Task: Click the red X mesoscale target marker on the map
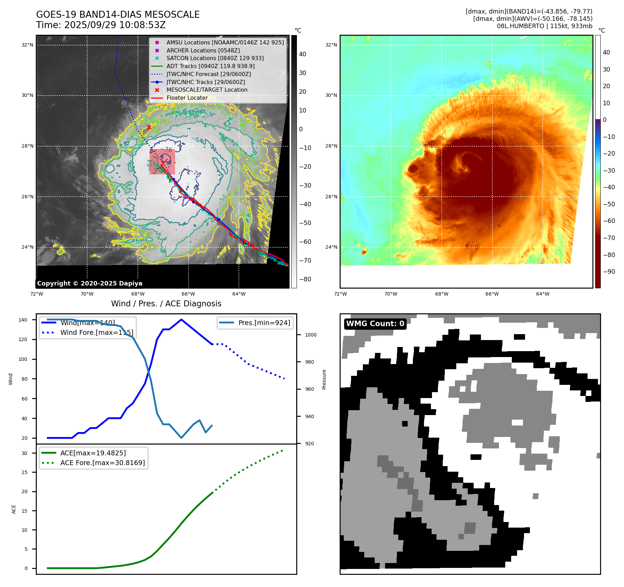coord(149,127)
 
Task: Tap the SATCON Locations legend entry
coord(215,58)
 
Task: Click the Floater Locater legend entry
coord(187,98)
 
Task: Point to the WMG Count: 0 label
coord(375,324)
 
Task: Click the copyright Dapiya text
coord(90,283)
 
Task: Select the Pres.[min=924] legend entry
coord(264,323)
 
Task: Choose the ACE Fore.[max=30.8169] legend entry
coord(102,463)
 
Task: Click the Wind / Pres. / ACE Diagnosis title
coord(166,304)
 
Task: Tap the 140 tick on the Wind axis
coord(23,320)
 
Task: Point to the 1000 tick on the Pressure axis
coord(311,335)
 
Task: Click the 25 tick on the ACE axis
coord(25,472)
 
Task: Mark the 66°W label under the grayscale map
coord(188,294)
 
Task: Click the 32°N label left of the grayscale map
coord(27,45)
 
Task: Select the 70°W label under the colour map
coord(391,294)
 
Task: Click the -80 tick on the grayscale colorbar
coord(305,279)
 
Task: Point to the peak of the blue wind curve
coord(181,320)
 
